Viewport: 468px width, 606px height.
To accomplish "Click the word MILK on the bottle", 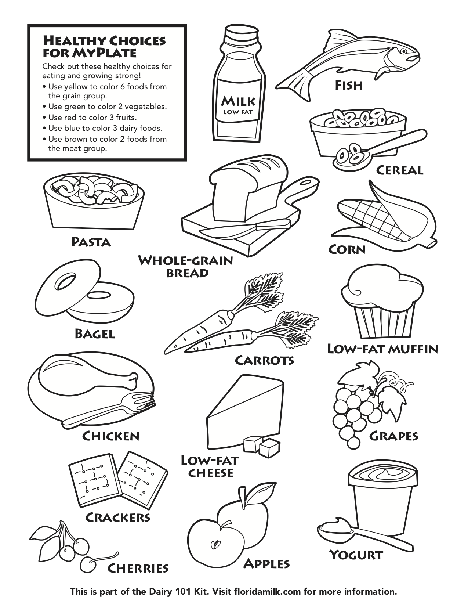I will (238, 101).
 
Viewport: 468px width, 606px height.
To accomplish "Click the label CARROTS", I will (265, 360).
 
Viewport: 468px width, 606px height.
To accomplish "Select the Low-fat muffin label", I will (382, 349).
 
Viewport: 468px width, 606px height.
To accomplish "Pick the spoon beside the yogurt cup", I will (352, 529).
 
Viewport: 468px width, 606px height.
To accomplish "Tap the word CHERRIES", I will (138, 568).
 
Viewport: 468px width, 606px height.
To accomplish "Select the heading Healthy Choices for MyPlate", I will (104, 46).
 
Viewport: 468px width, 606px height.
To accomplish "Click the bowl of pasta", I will (94, 202).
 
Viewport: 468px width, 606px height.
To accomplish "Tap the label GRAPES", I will (393, 436).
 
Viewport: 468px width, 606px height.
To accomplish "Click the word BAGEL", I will (95, 333).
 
